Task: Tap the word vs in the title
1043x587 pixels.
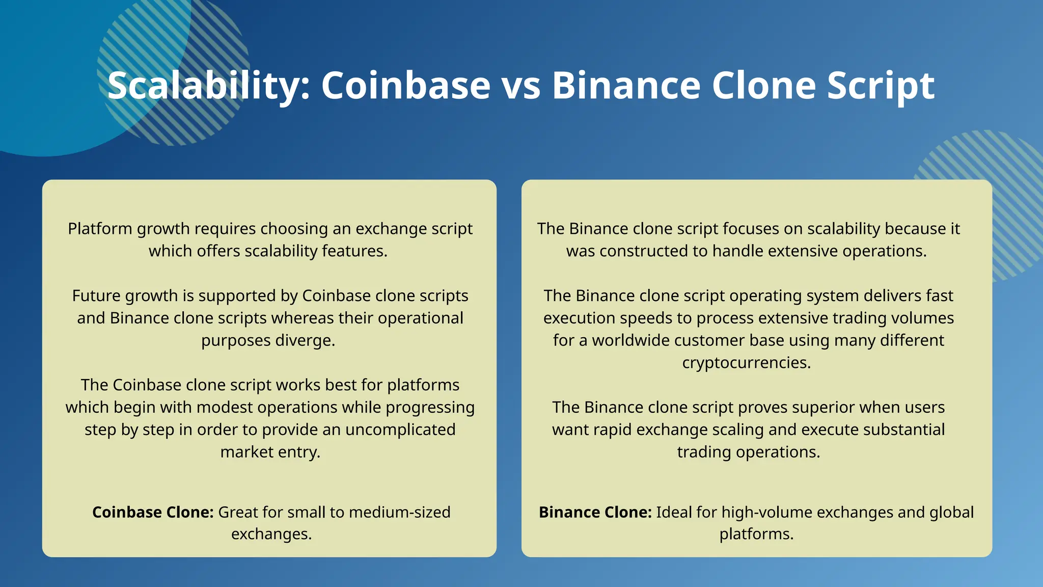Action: coord(521,86)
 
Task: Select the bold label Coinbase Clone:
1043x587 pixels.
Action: coord(153,512)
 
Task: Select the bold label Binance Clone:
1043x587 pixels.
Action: coord(595,512)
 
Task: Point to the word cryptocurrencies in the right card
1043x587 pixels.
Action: coord(746,363)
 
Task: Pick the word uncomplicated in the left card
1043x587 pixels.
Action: coord(400,430)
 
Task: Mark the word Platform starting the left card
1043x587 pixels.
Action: coord(100,229)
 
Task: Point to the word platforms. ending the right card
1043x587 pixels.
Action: coord(756,534)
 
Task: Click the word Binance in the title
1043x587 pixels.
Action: coord(626,86)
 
